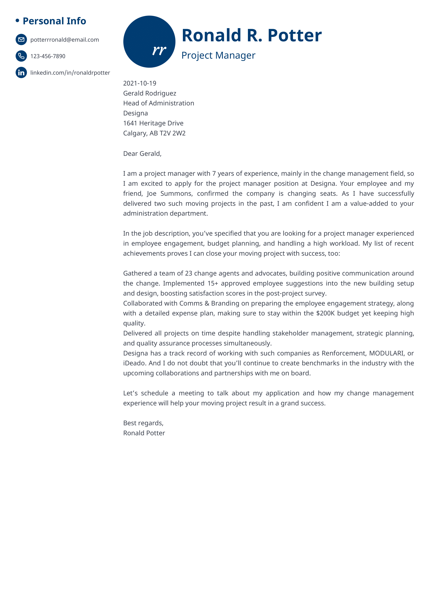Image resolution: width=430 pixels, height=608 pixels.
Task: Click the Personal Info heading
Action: click(x=54, y=21)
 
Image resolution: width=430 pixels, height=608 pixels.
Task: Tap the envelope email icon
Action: click(x=21, y=40)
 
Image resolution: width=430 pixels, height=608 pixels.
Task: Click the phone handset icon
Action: click(x=21, y=56)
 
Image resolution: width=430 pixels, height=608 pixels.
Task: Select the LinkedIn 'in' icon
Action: click(x=21, y=73)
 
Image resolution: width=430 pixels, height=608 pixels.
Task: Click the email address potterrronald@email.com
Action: click(x=65, y=40)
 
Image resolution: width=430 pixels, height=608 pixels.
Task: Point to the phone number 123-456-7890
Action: click(x=48, y=56)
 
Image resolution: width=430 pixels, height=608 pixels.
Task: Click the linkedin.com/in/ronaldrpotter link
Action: click(x=70, y=73)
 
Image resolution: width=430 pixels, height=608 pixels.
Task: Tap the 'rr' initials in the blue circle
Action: click(x=159, y=50)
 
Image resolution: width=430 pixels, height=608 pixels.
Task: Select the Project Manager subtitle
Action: click(x=218, y=55)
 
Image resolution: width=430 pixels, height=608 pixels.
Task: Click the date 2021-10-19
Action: click(x=140, y=83)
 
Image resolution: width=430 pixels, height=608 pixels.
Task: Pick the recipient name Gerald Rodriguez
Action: click(x=150, y=93)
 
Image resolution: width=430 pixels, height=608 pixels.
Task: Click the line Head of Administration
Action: click(x=158, y=103)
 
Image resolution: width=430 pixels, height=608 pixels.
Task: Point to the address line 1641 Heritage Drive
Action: click(x=153, y=123)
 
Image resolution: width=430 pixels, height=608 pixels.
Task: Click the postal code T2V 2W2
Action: click(x=172, y=133)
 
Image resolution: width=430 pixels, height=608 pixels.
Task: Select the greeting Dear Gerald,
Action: click(x=142, y=154)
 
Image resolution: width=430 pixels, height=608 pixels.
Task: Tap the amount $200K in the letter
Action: click(x=325, y=313)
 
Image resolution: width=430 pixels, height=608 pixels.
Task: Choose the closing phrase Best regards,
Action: click(x=143, y=423)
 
